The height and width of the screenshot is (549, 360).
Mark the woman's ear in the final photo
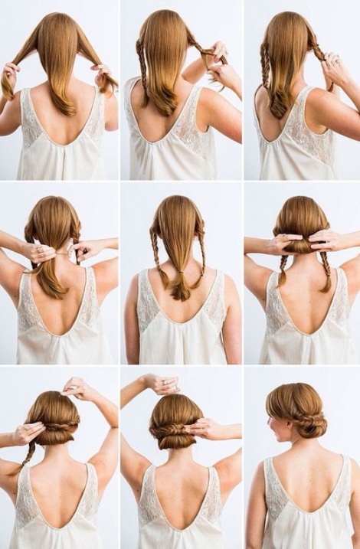tap(281, 423)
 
